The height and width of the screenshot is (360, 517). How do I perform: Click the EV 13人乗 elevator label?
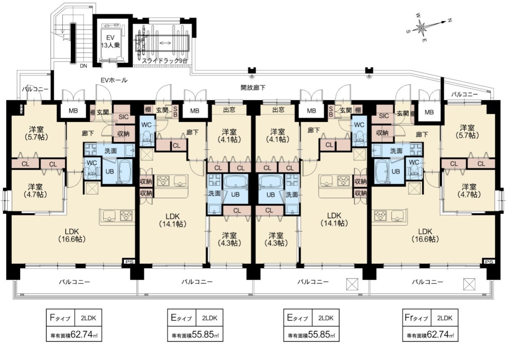point(111,42)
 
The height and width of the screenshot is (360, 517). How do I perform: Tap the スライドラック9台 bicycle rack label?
point(164,61)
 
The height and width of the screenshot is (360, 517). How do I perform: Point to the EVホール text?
point(114,80)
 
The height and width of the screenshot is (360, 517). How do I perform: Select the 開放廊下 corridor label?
point(253,88)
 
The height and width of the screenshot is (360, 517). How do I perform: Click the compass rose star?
point(421,28)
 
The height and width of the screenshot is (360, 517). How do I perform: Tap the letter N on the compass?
point(450,21)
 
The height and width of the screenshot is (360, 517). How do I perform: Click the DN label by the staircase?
point(83,66)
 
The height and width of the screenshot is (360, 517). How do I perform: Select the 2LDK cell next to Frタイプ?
point(445,318)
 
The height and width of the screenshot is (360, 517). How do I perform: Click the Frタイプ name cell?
point(417,318)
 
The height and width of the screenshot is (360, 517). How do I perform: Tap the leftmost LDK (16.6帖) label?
point(72,235)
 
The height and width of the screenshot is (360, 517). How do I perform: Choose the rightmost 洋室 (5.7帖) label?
point(467,131)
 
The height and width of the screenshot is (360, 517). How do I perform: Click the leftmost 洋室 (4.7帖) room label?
point(35,190)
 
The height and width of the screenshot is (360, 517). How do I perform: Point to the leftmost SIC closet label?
point(123,117)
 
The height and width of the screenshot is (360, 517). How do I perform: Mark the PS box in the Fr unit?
point(489,261)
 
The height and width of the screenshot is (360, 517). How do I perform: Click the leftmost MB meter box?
point(73,111)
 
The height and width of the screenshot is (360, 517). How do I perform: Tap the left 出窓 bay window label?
point(229,109)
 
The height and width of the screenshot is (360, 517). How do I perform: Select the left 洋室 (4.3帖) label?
point(229,239)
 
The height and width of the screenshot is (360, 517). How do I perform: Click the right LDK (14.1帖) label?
point(334,219)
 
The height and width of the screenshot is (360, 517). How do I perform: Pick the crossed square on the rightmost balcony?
point(469,284)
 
